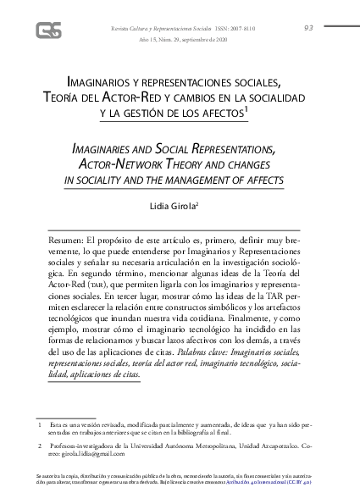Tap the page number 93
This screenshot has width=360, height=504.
pyautogui.click(x=308, y=28)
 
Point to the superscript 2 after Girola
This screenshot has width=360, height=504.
pyautogui.click(x=197, y=202)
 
